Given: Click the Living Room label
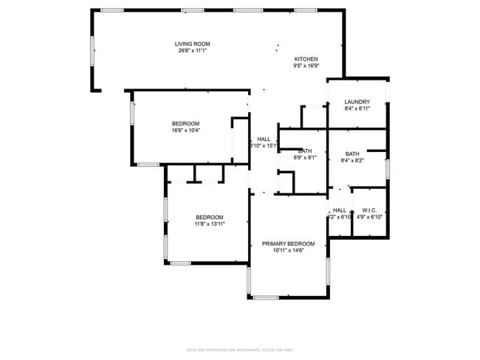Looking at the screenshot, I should pyautogui.click(x=193, y=44).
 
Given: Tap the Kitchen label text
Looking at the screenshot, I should pyautogui.click(x=306, y=59).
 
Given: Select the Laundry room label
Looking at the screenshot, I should pyautogui.click(x=357, y=102).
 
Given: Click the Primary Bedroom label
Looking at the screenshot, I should pyautogui.click(x=289, y=243).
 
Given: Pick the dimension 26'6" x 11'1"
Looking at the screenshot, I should pyautogui.click(x=193, y=51).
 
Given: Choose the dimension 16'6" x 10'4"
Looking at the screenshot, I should pyautogui.click(x=185, y=131).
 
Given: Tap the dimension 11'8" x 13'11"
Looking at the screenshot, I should pyautogui.click(x=209, y=224).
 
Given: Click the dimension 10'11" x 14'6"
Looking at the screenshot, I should pyautogui.click(x=289, y=250).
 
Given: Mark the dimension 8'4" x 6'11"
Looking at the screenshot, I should pyautogui.click(x=357, y=108).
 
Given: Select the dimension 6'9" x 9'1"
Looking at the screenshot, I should pyautogui.click(x=305, y=157).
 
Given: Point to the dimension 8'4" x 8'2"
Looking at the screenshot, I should pyautogui.click(x=352, y=160).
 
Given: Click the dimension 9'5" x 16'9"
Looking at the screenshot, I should pyautogui.click(x=306, y=66).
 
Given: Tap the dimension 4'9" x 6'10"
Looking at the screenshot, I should pyautogui.click(x=369, y=217).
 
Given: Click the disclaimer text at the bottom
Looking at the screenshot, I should pyautogui.click(x=240, y=350).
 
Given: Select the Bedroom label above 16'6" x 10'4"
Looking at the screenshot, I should pyautogui.click(x=185, y=124).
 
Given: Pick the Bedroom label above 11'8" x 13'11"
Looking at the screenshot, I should pyautogui.click(x=209, y=217).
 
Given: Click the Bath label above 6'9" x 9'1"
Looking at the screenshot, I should pyautogui.click(x=305, y=150).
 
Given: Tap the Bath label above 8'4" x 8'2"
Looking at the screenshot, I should pyautogui.click(x=352, y=153).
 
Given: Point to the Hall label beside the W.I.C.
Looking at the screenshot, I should pyautogui.click(x=340, y=210).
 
